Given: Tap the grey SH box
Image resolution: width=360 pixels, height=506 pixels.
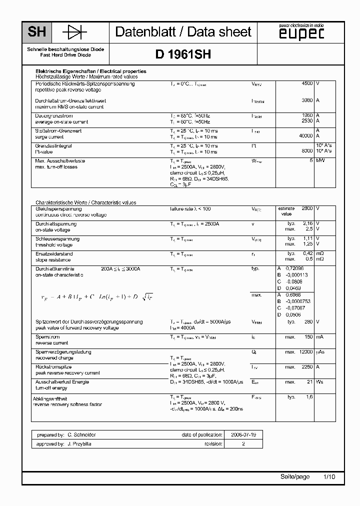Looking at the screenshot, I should click(36, 32).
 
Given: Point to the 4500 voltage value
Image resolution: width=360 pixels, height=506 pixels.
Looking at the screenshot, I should click(307, 83).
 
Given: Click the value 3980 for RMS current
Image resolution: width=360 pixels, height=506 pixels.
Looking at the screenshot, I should click(307, 100).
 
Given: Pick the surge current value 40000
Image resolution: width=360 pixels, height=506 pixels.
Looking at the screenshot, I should click(305, 136).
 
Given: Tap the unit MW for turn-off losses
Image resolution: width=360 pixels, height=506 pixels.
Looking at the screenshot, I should click(319, 160).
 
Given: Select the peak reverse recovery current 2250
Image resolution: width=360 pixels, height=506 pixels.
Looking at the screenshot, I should click(306, 366).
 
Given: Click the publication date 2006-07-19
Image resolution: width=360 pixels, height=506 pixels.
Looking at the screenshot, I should click(242, 435).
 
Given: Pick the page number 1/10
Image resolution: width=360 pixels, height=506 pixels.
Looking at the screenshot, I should click(329, 477).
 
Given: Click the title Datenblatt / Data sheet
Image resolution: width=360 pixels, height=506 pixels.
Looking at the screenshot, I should click(183, 32).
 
